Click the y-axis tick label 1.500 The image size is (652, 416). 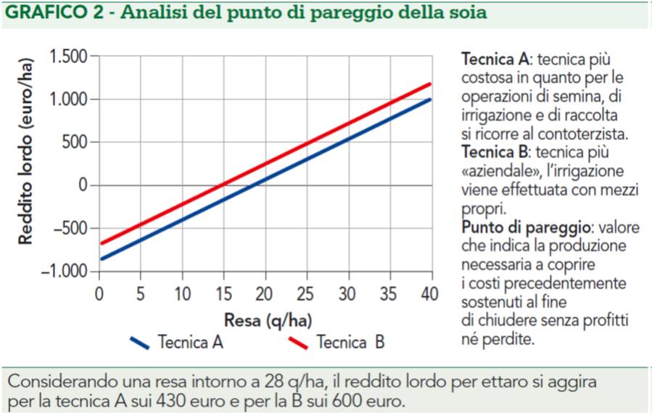tap(68, 57)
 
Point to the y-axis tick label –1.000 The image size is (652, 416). tap(65, 272)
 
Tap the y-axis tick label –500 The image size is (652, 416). tap(70, 229)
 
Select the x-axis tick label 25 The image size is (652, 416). tap(308, 294)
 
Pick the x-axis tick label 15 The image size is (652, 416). tap(224, 294)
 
